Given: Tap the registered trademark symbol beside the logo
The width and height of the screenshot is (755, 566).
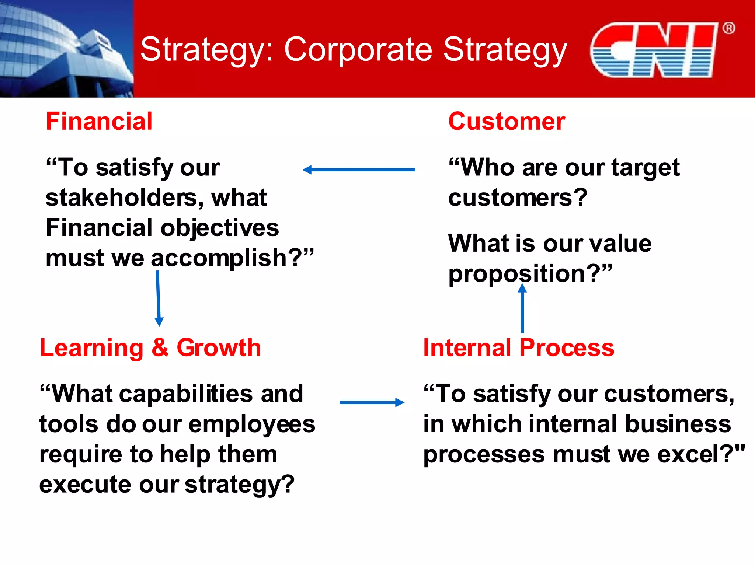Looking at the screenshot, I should tap(728, 28).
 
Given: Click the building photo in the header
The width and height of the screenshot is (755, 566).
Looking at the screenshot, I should tap(66, 49).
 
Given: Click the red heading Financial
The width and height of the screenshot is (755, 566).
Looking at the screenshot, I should tap(99, 121).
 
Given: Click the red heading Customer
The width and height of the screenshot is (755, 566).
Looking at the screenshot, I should tap(506, 121).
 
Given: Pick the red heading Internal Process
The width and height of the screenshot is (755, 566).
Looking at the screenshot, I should tap(518, 347).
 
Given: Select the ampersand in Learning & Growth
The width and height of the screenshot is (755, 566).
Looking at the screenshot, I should tap(160, 347).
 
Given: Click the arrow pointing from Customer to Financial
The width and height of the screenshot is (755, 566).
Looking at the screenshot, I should tap(358, 170).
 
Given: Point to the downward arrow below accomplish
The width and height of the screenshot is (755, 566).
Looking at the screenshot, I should tap(158, 298).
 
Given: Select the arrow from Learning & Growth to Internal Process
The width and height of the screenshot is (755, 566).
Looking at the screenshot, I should tap(372, 402).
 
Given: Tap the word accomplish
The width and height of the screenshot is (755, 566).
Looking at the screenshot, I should tap(219, 258).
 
